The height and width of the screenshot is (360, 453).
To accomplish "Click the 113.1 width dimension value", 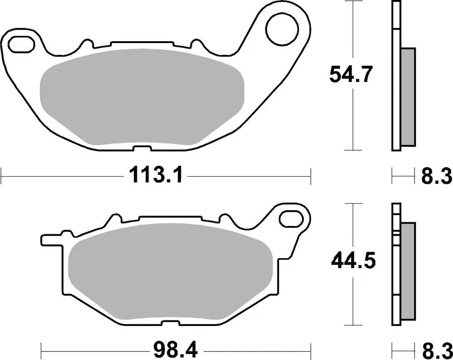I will (156, 175).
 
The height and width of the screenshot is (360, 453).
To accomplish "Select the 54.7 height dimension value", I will (351, 75).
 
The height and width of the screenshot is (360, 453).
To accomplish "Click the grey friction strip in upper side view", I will (408, 97).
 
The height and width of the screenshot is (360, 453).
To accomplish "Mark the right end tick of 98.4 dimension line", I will (311, 350).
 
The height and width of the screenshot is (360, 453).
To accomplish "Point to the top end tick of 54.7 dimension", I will (352, 2).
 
